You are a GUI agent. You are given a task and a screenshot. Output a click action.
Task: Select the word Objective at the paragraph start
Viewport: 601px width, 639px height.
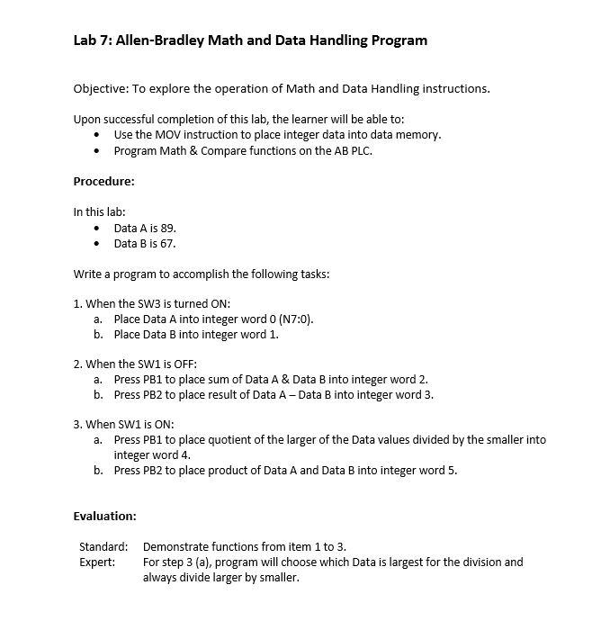click(x=99, y=88)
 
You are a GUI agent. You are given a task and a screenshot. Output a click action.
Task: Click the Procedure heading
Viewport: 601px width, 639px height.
click(x=103, y=181)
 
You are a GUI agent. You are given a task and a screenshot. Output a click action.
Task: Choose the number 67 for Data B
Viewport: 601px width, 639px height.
click(x=167, y=243)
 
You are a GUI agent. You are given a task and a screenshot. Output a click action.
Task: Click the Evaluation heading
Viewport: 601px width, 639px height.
click(x=104, y=516)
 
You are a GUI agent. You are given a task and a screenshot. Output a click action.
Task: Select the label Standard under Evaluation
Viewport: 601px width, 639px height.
click(x=103, y=546)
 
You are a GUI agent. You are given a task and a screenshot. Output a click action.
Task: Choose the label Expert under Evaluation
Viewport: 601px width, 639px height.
click(x=97, y=562)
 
